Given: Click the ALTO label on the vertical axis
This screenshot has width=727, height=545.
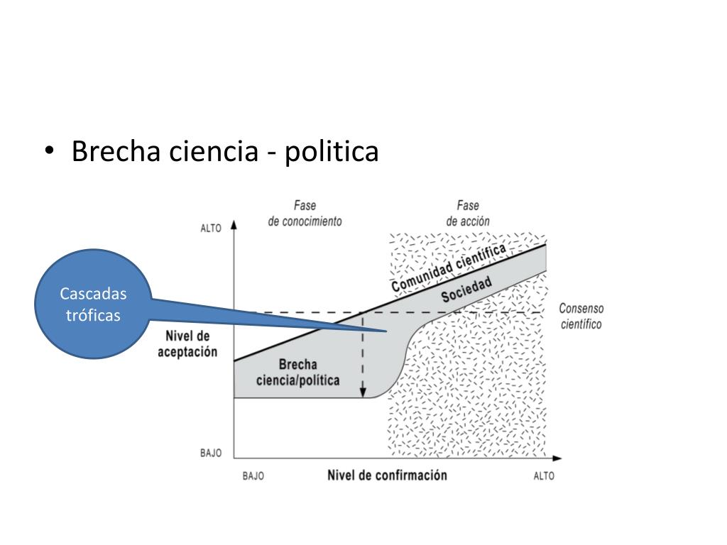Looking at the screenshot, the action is click(211, 229).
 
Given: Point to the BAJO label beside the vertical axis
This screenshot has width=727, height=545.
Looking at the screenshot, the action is click(210, 453).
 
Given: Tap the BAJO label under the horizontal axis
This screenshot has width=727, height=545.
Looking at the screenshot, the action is click(253, 476).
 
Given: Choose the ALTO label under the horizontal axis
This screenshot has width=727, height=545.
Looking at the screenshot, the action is click(544, 476).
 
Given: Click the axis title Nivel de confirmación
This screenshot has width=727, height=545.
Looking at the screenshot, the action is click(387, 475).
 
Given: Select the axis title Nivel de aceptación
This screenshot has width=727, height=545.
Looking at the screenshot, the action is click(187, 344).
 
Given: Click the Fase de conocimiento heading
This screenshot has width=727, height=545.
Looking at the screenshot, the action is click(305, 214).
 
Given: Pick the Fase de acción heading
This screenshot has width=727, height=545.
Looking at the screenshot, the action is click(467, 214).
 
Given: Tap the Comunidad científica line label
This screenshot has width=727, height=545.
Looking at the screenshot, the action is click(449, 267).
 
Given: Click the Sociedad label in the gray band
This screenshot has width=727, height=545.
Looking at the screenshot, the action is click(466, 290).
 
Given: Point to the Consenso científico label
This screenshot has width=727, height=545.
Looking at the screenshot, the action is click(581, 316).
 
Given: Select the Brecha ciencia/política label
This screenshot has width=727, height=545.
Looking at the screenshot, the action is click(297, 373).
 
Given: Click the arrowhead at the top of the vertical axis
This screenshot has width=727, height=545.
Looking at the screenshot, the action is click(234, 225).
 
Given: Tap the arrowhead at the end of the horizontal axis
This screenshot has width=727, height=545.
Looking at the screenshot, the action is click(557, 458).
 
